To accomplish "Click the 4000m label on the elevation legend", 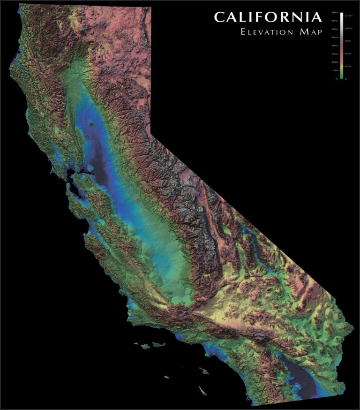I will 335,13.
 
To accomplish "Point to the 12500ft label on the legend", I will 348,16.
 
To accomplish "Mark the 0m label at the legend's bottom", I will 337,79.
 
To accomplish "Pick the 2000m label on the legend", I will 335,46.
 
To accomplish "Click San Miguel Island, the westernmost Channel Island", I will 136,344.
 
